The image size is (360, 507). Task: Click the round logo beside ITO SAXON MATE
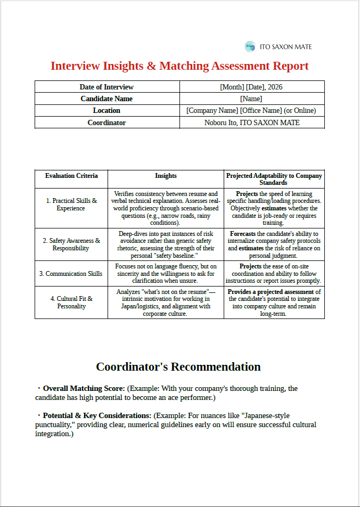[250, 47]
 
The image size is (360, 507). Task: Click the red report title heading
[179, 66]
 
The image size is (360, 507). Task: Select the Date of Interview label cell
[107, 87]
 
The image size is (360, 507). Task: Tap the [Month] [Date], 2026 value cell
[251, 87]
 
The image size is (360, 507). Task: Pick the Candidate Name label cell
[107, 99]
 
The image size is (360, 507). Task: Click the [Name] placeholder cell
[251, 99]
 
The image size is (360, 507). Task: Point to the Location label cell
[107, 110]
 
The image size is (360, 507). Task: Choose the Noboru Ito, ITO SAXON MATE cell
[252, 122]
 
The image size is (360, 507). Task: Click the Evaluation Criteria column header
[71, 176]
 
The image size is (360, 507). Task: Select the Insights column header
[166, 176]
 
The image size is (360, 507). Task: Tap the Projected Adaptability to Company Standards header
[274, 179]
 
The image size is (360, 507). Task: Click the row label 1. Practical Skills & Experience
[71, 205]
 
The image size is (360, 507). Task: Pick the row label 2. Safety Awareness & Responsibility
[71, 244]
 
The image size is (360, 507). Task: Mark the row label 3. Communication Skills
[71, 274]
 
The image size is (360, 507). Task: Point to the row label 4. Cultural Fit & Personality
[71, 302]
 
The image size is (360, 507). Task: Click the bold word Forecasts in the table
[242, 234]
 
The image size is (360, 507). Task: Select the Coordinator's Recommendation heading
[178, 367]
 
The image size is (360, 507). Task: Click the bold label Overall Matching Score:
[84, 389]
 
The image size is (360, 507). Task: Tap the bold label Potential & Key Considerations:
[97, 415]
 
